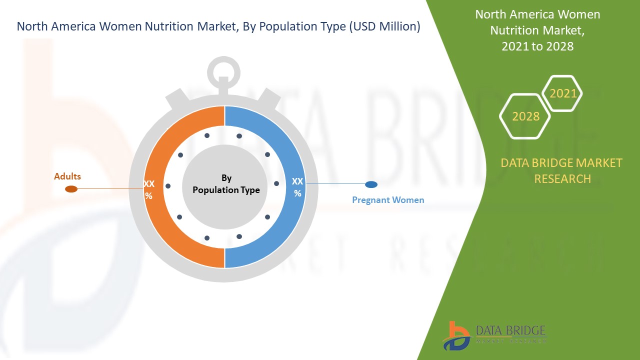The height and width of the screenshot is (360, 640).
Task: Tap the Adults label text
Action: pyautogui.click(x=67, y=176)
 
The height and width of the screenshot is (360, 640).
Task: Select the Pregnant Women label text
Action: pyautogui.click(x=388, y=200)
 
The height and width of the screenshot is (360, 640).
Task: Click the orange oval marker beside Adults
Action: pyautogui.click(x=71, y=189)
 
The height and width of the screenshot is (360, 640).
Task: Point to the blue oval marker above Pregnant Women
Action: pyautogui.click(x=371, y=184)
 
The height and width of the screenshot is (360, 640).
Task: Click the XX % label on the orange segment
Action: pyautogui.click(x=149, y=189)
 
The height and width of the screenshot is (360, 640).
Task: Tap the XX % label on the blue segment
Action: pyautogui.click(x=297, y=187)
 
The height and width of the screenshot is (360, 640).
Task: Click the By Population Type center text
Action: pyautogui.click(x=226, y=184)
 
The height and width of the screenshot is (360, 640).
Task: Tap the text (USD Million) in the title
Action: pyautogui.click(x=384, y=26)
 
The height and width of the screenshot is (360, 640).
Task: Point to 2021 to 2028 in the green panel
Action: pyautogui.click(x=537, y=46)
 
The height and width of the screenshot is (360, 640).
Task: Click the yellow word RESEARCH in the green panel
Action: pyautogui.click(x=562, y=179)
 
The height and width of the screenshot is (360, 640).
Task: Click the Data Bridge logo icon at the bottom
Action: pyautogui.click(x=456, y=336)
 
